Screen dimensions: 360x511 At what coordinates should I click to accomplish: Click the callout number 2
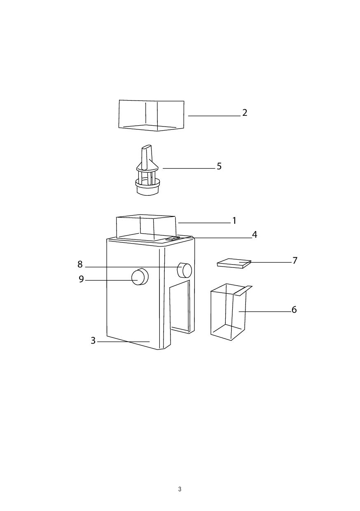[245, 113]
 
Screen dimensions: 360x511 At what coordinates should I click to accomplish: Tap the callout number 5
[219, 166]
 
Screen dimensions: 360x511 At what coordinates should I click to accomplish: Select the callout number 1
[234, 220]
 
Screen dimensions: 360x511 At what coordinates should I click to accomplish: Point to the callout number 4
[255, 234]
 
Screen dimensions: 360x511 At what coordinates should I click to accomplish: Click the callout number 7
[295, 260]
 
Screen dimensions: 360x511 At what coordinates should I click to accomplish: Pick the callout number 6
[294, 310]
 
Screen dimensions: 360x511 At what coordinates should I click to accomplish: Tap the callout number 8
[80, 265]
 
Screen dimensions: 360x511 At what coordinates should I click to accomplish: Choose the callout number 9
[82, 279]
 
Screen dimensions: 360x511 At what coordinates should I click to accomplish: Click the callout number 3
[93, 340]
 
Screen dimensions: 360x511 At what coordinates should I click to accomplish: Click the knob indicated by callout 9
[140, 277]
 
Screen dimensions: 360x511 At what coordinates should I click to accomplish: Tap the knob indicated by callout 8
[185, 270]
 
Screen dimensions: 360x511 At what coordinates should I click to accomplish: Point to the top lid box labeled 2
[152, 115]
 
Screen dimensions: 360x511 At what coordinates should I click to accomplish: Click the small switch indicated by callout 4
[173, 239]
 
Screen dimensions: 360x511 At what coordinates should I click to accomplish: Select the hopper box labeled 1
[146, 227]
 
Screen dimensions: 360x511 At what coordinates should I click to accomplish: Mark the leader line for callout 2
[214, 116]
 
